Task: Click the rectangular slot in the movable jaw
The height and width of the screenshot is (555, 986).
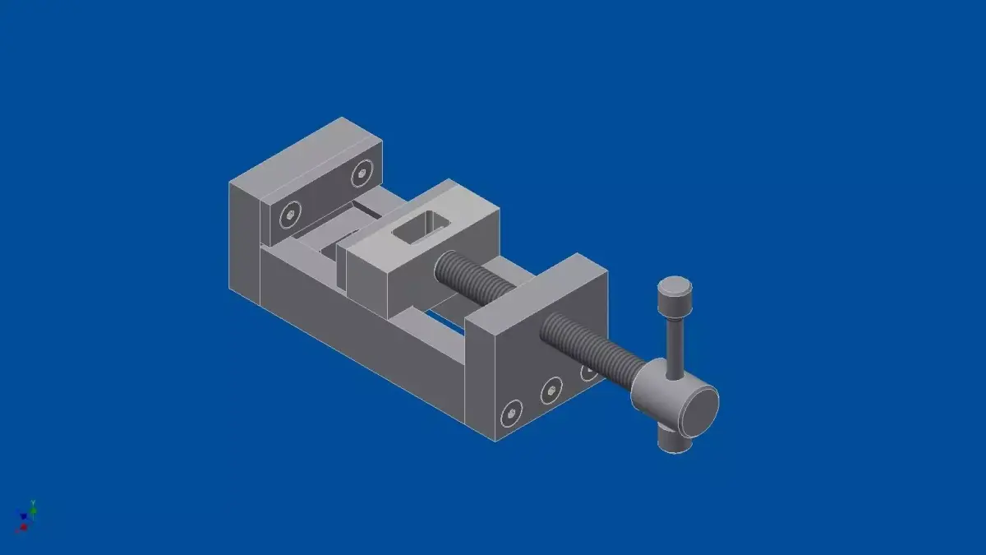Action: pos(420,228)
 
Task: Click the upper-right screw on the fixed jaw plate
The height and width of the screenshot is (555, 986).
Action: pos(362,173)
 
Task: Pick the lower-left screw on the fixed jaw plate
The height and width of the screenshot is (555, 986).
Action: pos(288,216)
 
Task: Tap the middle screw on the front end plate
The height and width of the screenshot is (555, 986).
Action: pos(551,390)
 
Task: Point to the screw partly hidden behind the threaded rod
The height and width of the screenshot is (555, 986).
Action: pos(588,372)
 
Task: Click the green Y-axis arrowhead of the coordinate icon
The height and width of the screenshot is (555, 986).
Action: pos(32,502)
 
